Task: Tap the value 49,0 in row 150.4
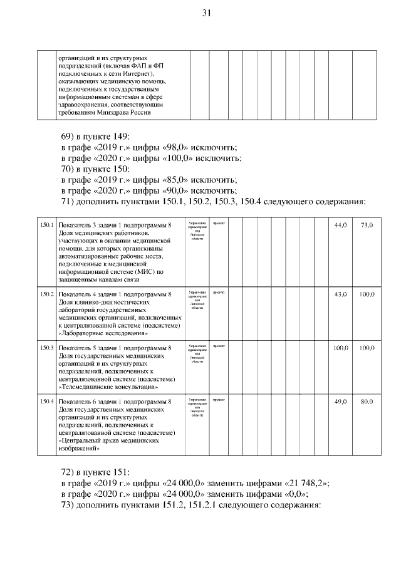340,401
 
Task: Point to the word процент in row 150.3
219,346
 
